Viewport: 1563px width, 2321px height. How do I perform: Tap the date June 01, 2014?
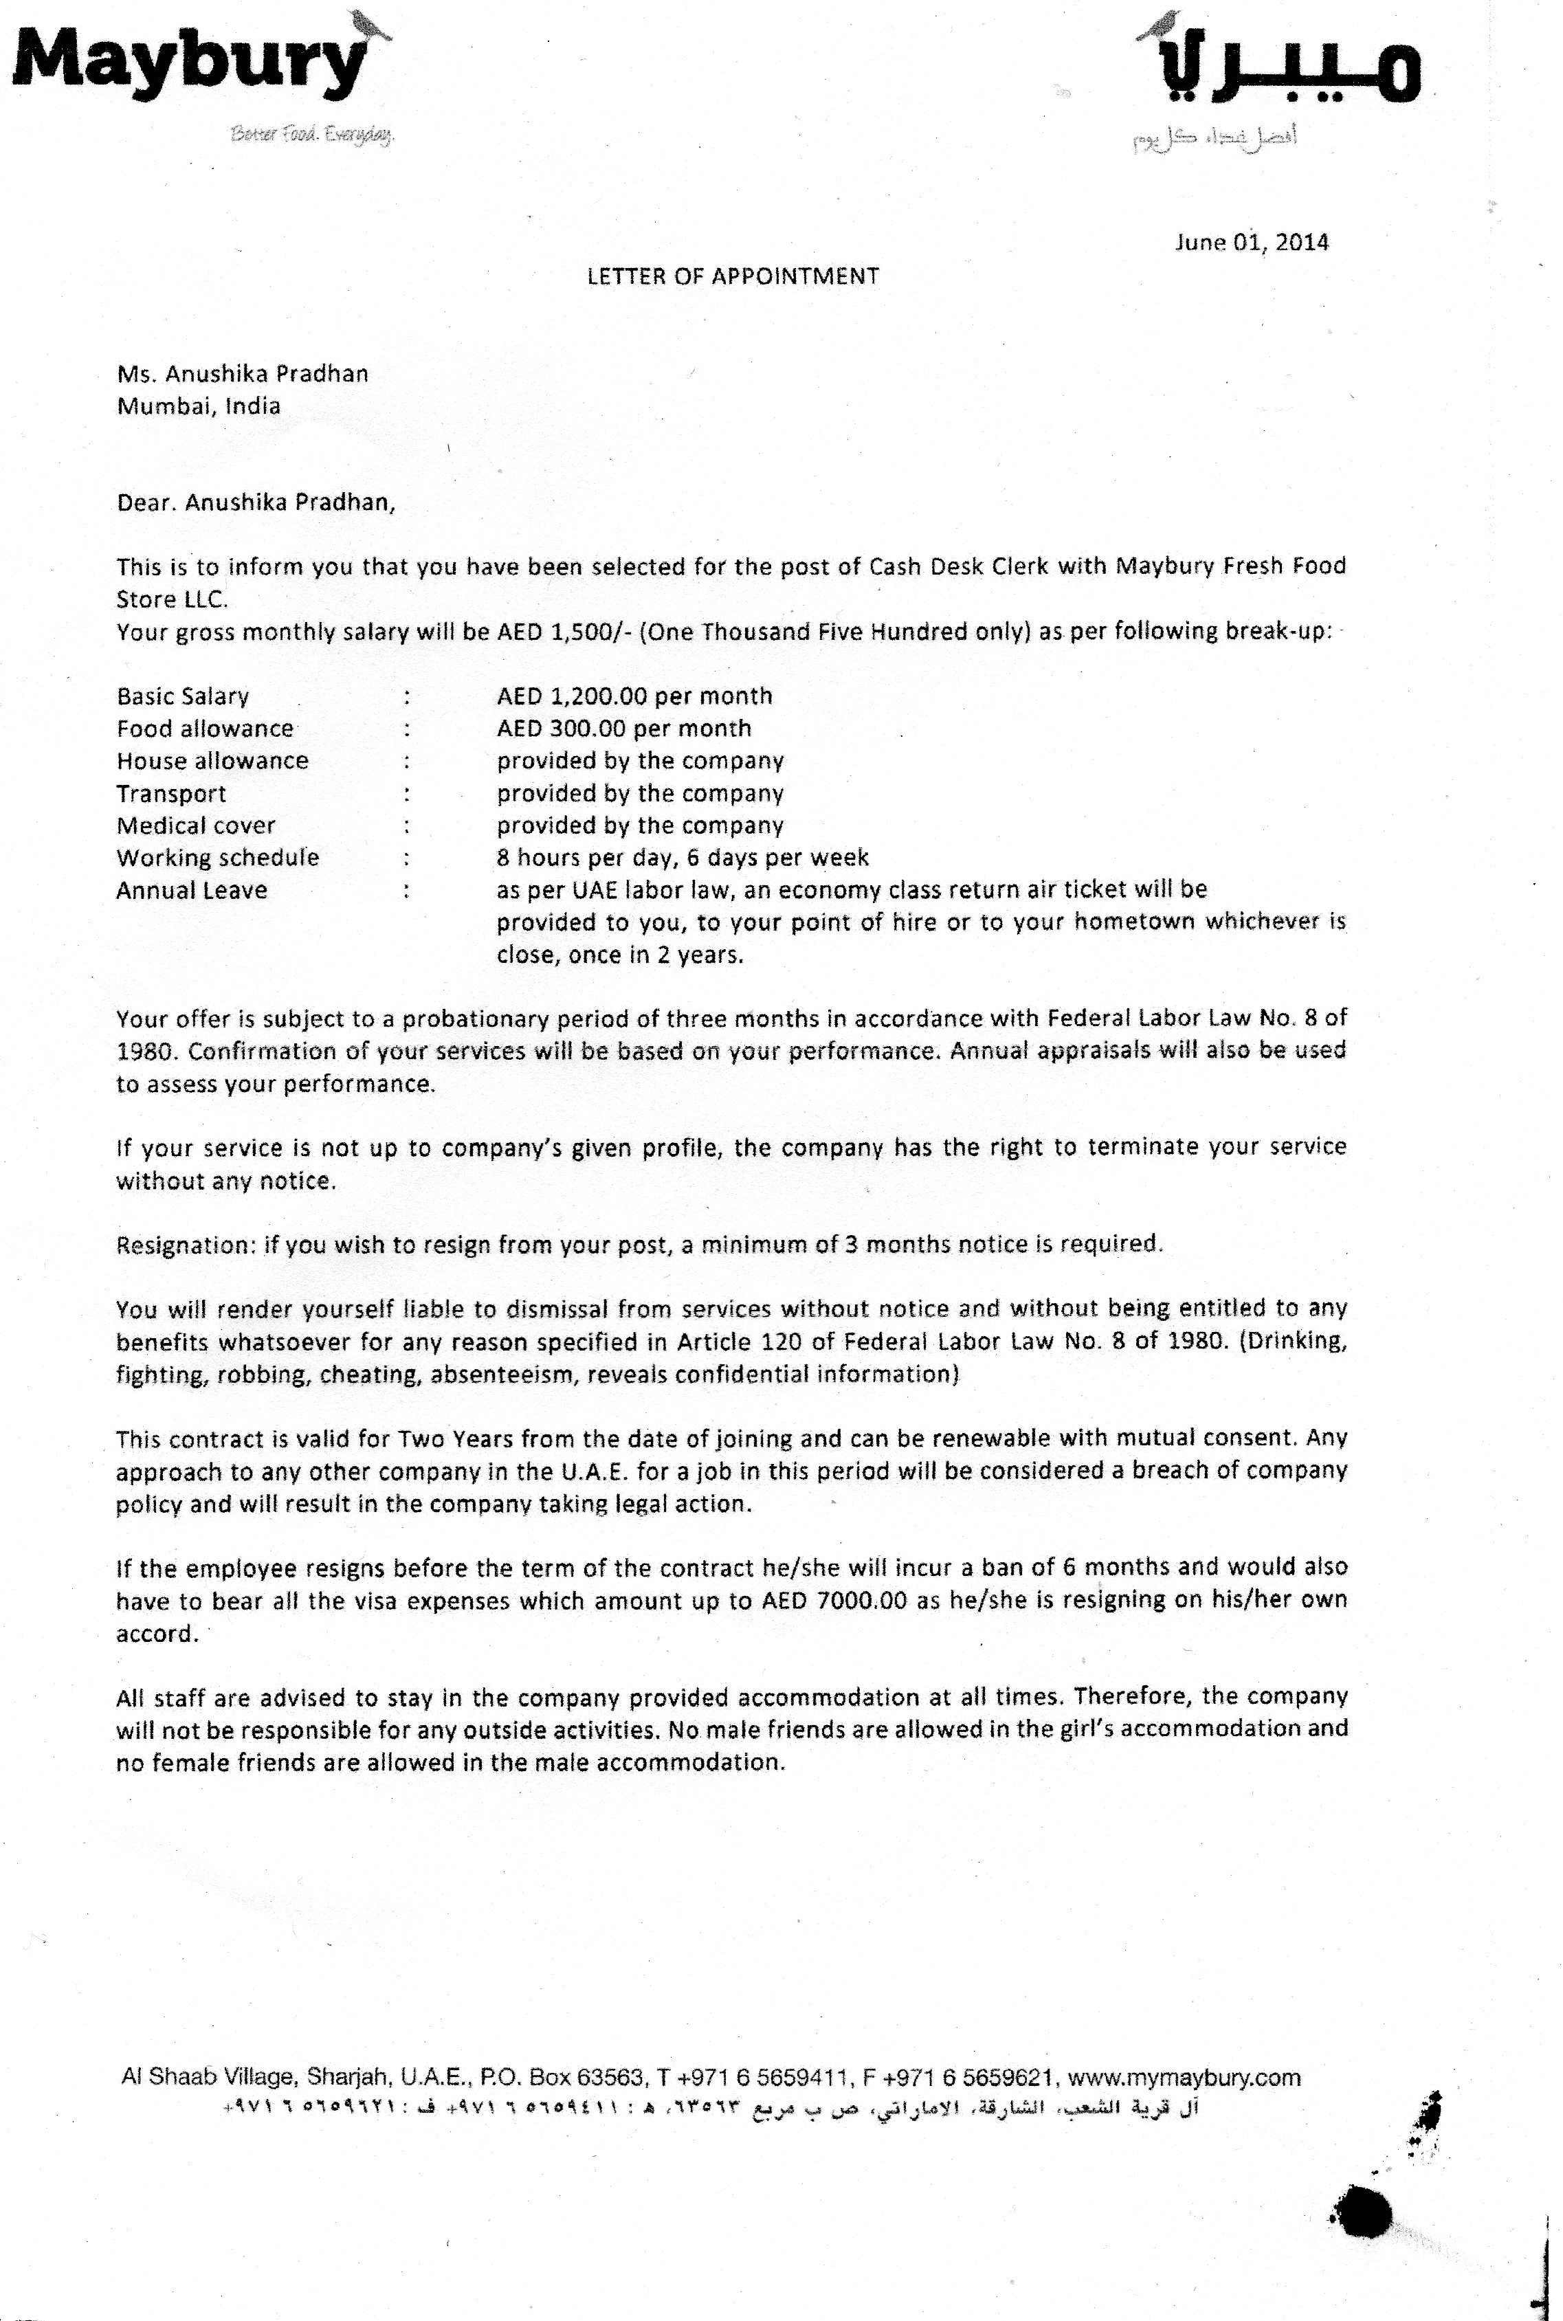[x=1251, y=242]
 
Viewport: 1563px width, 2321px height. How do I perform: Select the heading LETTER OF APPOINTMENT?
[x=733, y=276]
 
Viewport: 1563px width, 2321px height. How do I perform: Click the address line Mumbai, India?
[x=199, y=406]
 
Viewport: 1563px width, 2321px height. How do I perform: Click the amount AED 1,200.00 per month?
[x=634, y=696]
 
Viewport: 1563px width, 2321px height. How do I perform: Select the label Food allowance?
[x=204, y=729]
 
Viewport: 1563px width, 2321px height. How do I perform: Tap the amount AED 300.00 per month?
[x=624, y=729]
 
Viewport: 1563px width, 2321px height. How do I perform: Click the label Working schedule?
[x=217, y=857]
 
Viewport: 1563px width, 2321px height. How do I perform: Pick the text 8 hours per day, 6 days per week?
[x=683, y=857]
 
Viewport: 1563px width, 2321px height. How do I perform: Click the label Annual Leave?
[x=191, y=890]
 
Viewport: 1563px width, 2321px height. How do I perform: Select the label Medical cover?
[x=195, y=825]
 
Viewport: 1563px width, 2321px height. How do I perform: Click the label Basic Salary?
[x=182, y=696]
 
